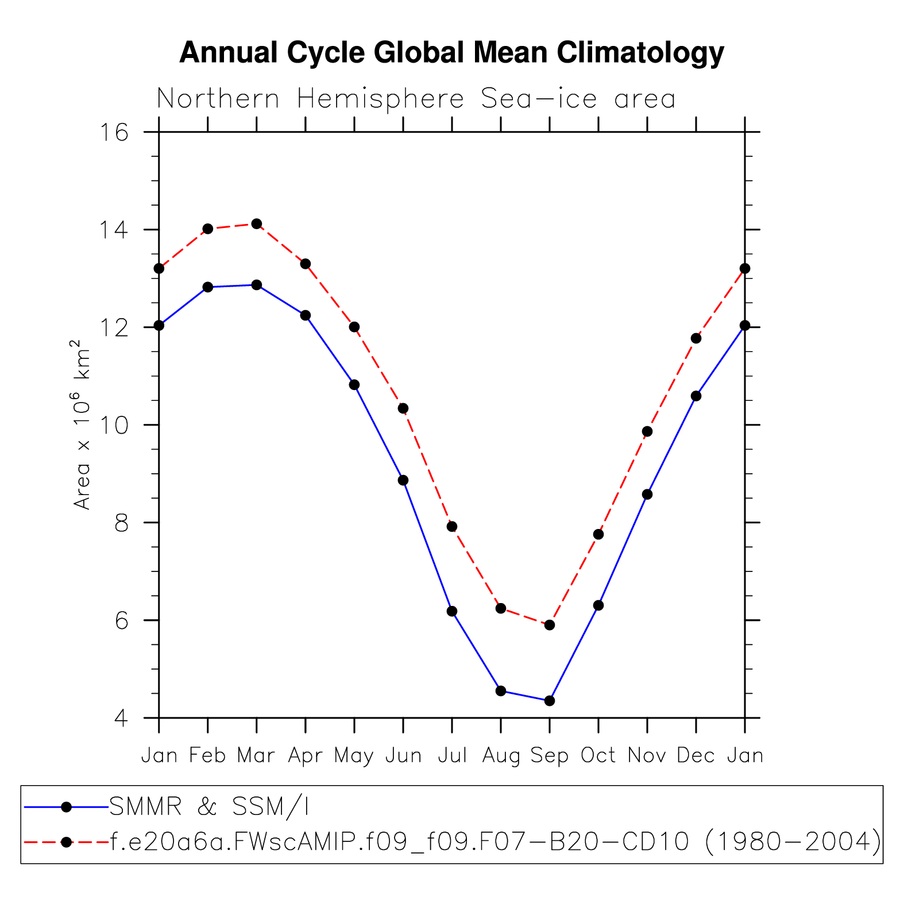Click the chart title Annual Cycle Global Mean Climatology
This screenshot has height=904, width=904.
click(451, 53)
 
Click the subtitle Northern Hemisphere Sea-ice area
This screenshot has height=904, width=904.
click(416, 99)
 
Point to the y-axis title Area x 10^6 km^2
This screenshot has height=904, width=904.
click(82, 424)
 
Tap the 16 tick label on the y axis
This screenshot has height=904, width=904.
click(114, 133)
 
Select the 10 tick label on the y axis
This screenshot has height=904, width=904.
click(114, 426)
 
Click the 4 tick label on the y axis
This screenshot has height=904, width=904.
click(121, 718)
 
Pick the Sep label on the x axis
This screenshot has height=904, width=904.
click(549, 756)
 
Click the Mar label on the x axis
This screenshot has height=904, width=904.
click(256, 756)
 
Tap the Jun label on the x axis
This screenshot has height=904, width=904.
click(403, 756)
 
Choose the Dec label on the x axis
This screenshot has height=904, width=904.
click(696, 756)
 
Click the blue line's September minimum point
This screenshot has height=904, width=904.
click(550, 701)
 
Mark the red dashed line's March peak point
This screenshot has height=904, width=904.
click(257, 223)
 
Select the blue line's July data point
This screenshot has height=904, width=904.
click(452, 611)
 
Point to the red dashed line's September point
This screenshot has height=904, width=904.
click(550, 625)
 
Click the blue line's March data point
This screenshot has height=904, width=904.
click(257, 285)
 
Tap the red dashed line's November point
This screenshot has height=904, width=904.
click(647, 431)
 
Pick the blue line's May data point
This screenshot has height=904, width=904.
click(354, 384)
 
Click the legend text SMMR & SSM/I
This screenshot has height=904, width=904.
click(209, 807)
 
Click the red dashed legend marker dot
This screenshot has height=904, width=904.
click(66, 842)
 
